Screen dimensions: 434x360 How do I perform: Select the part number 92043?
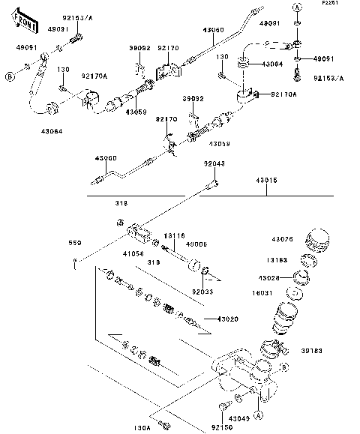click(214, 163)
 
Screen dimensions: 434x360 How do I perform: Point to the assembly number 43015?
click(265, 180)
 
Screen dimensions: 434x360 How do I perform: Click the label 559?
click(74, 243)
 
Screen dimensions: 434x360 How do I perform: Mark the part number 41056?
click(133, 254)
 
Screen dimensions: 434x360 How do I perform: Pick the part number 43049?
click(239, 418)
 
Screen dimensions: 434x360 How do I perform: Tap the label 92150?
click(221, 428)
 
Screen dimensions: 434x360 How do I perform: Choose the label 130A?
click(142, 427)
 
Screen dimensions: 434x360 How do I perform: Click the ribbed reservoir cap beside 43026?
click(318, 242)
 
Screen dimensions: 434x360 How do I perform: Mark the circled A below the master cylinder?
click(257, 415)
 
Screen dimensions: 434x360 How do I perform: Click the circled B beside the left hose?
click(9, 76)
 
